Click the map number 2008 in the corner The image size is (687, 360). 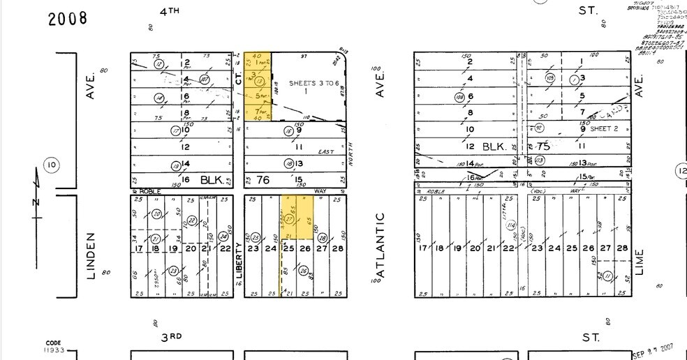pyautogui.click(x=68, y=18)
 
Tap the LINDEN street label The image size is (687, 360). pyautogui.click(x=90, y=256)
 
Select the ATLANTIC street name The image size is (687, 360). pyautogui.click(x=381, y=244)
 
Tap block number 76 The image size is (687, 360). pyautogui.click(x=262, y=180)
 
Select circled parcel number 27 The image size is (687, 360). pyautogui.click(x=290, y=218)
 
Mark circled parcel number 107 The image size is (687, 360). pyautogui.click(x=205, y=80)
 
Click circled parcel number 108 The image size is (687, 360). pyautogui.click(x=460, y=97)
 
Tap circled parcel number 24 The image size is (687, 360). pyautogui.click(x=224, y=237)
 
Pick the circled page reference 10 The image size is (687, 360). pyautogui.click(x=51, y=165)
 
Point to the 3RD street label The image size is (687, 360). pyautogui.click(x=171, y=337)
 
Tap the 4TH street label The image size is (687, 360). pyautogui.click(x=169, y=11)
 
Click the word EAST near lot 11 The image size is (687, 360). pyautogui.click(x=326, y=151)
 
